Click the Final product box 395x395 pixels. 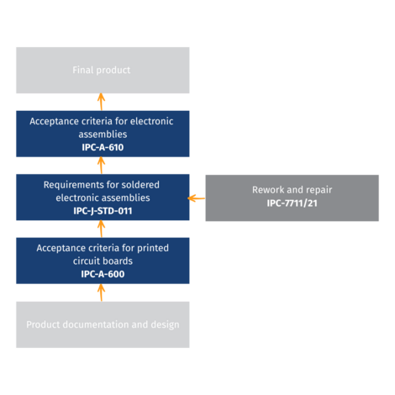102,70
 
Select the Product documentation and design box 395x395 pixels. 102,324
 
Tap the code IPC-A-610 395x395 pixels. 102,146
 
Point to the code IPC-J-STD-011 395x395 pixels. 102,211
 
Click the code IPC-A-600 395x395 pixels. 102,274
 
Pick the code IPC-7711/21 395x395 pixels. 292,203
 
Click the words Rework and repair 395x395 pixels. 292,190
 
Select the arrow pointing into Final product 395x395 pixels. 101,102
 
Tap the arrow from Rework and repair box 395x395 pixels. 197,198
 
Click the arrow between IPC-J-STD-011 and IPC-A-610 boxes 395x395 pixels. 101,166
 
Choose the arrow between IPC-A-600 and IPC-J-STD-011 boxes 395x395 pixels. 101,229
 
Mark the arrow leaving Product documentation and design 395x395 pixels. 101,292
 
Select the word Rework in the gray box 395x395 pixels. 269,190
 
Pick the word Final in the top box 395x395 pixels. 84,71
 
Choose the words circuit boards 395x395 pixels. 102,261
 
